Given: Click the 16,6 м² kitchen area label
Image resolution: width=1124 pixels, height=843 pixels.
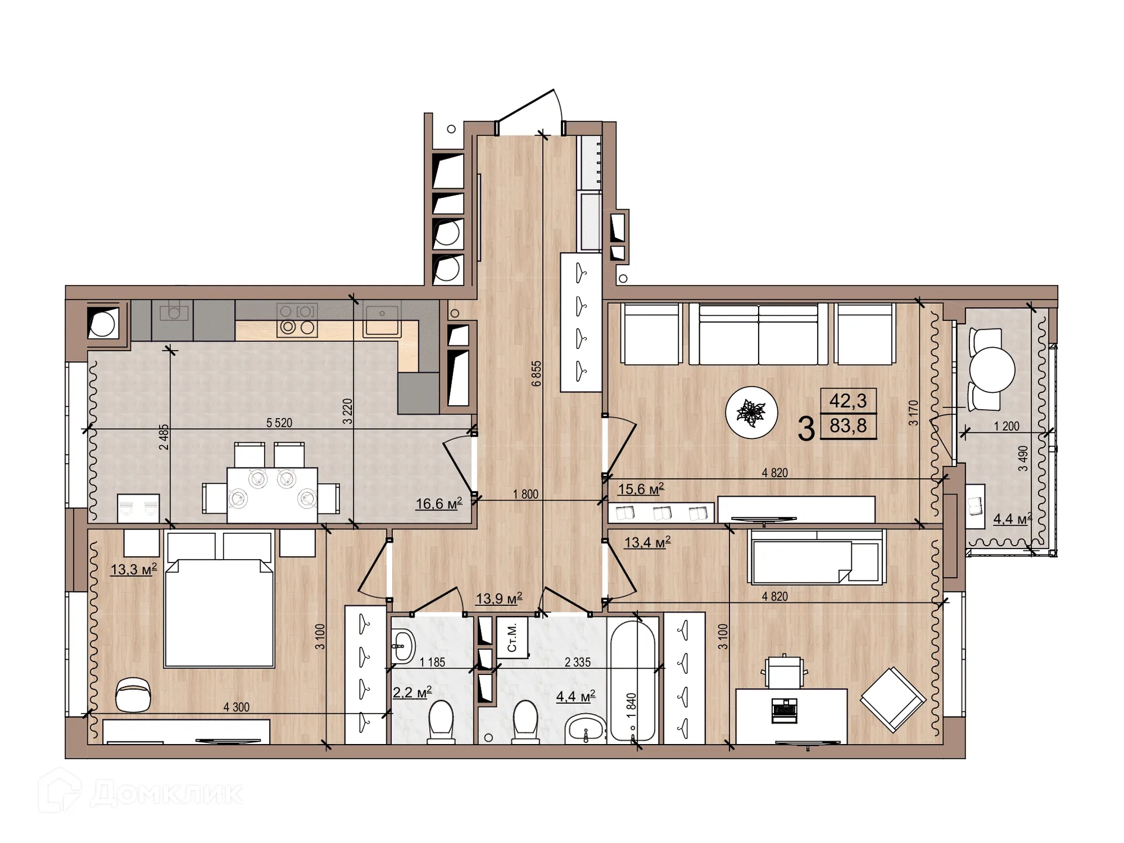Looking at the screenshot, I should pyautogui.click(x=438, y=503).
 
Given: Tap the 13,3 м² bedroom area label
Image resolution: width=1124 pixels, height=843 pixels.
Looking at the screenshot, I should pyautogui.click(x=133, y=569).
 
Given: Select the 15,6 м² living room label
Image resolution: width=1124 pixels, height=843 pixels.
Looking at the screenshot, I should pyautogui.click(x=640, y=489).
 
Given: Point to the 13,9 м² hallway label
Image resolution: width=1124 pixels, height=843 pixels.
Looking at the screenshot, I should pyautogui.click(x=499, y=599).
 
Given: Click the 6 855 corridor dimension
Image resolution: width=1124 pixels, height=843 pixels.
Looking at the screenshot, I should pyautogui.click(x=536, y=373).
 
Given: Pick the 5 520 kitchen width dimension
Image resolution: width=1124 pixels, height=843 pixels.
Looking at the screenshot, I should pyautogui.click(x=279, y=423).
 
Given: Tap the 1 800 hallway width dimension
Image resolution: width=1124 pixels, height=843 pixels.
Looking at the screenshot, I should pyautogui.click(x=525, y=494).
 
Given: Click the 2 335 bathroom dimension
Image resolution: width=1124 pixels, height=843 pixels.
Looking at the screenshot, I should pyautogui.click(x=577, y=662).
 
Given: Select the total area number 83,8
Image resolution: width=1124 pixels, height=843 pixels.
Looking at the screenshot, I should pyautogui.click(x=848, y=426).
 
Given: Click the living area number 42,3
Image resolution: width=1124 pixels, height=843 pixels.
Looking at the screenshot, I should pyautogui.click(x=848, y=401).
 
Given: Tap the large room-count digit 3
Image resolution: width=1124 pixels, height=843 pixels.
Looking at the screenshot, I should pyautogui.click(x=806, y=429).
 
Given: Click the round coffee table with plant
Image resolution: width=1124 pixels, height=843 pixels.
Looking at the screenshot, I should pyautogui.click(x=751, y=413).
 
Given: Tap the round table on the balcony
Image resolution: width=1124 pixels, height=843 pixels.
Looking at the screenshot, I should pyautogui.click(x=992, y=370).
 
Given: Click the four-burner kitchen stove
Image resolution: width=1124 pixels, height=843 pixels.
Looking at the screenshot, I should pyautogui.click(x=297, y=320).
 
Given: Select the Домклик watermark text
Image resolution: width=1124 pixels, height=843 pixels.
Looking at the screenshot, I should pyautogui.click(x=167, y=794).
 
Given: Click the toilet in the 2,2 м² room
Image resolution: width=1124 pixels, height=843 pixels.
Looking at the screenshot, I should pyautogui.click(x=441, y=722).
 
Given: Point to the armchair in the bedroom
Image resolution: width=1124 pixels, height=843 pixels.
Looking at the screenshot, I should pyautogui.click(x=133, y=695).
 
